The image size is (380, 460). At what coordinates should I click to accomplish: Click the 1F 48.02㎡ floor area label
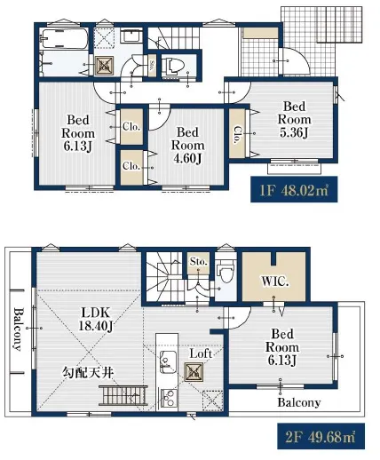pyautogui.click(x=294, y=189)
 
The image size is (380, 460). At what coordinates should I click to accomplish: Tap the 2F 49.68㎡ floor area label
pyautogui.click(x=321, y=436)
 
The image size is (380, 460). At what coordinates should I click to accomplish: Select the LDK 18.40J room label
pyautogui.click(x=95, y=319)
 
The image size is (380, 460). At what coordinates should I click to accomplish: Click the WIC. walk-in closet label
pyautogui.click(x=275, y=282)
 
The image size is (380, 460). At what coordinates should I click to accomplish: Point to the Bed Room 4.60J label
pyautogui.click(x=188, y=146)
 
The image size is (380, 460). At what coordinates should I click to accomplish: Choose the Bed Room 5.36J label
pyautogui.click(x=294, y=119)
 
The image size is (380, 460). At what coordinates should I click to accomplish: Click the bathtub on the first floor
pyautogui.click(x=65, y=39)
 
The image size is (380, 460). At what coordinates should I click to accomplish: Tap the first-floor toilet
pyautogui.click(x=173, y=66)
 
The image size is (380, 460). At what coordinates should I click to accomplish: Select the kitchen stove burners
pyautogui.click(x=168, y=399)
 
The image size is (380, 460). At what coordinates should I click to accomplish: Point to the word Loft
pyautogui.click(x=201, y=353)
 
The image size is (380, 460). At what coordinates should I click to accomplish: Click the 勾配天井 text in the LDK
pyautogui.click(x=88, y=372)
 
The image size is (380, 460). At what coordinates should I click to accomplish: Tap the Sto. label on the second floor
pyautogui.click(x=198, y=262)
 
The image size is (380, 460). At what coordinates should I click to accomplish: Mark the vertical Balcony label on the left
pyautogui.click(x=18, y=329)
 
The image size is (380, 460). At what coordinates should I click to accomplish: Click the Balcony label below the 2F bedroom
pyautogui.click(x=299, y=402)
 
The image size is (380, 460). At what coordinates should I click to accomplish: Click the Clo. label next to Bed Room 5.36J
pyautogui.click(x=238, y=135)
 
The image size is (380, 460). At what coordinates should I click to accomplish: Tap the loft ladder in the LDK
pyautogui.click(x=123, y=395)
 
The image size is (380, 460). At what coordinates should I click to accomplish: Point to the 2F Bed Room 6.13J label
pyautogui.click(x=282, y=347)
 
